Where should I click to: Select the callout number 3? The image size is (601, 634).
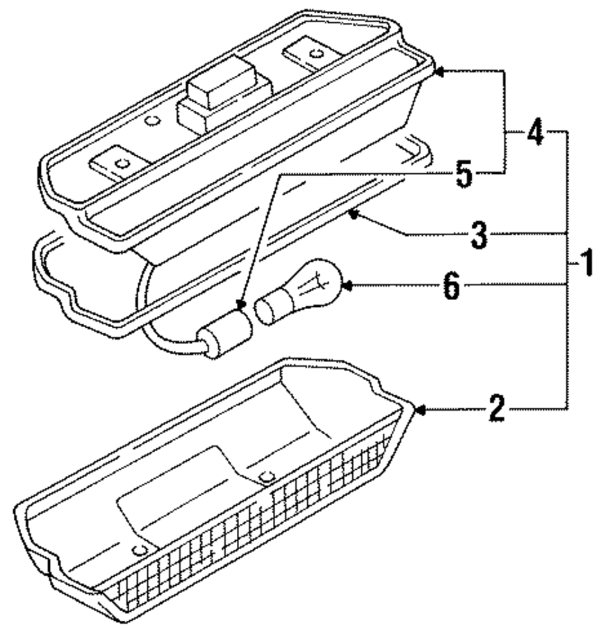[478, 236]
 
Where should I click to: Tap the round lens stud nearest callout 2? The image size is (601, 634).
[266, 478]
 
